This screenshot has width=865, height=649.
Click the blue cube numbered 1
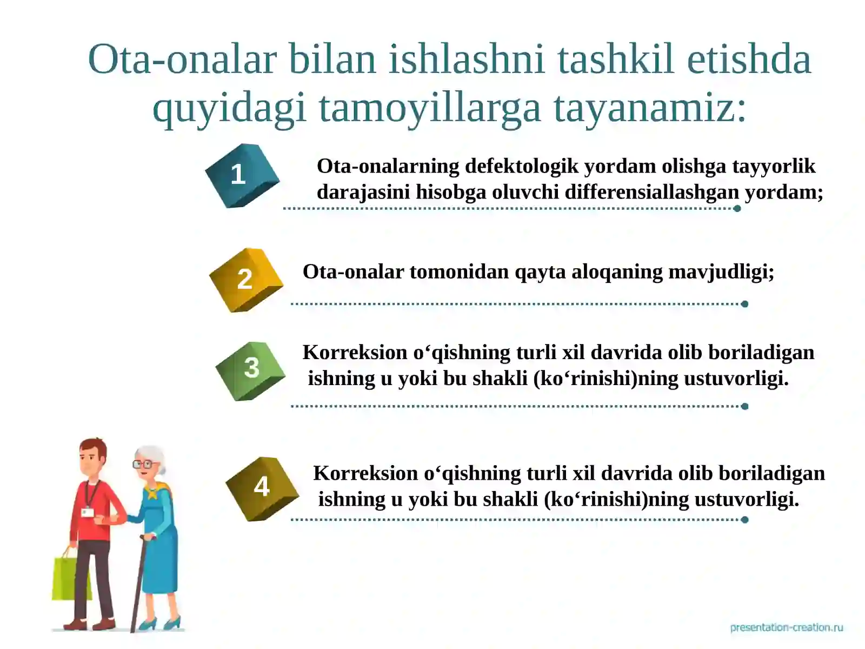click(x=242, y=175)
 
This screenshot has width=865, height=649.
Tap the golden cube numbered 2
click(x=246, y=280)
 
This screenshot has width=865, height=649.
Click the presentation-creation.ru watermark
click(x=786, y=627)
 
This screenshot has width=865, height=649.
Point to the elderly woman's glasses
click(x=143, y=464)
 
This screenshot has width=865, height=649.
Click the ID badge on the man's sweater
click(x=86, y=512)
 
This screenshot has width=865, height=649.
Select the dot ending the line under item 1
click(x=737, y=209)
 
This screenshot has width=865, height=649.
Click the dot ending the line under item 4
click(x=744, y=520)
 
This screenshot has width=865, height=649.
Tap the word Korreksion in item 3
click(x=355, y=353)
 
